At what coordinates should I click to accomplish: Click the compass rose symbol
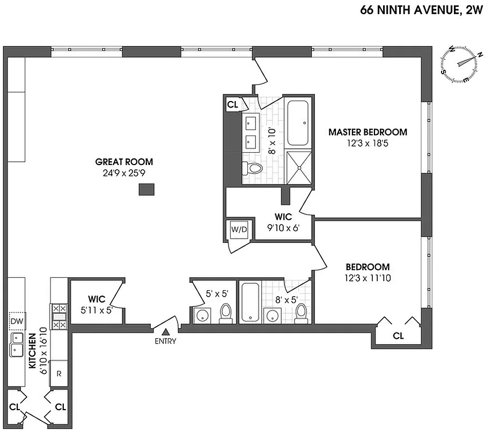(459, 64)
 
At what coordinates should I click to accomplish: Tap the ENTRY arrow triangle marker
(166, 333)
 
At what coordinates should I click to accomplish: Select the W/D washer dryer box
(239, 230)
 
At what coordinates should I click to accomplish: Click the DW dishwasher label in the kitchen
(16, 321)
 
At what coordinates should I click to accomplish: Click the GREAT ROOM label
(124, 161)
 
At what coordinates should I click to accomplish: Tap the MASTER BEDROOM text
(368, 132)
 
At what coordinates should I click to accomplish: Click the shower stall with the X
(297, 167)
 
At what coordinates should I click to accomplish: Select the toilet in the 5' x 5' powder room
(226, 313)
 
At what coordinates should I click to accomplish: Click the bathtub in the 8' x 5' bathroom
(251, 303)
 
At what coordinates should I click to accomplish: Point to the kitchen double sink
(16, 345)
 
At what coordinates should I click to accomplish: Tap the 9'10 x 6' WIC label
(283, 222)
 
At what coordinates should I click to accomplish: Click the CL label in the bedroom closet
(398, 336)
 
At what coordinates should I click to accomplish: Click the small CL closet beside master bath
(232, 104)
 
